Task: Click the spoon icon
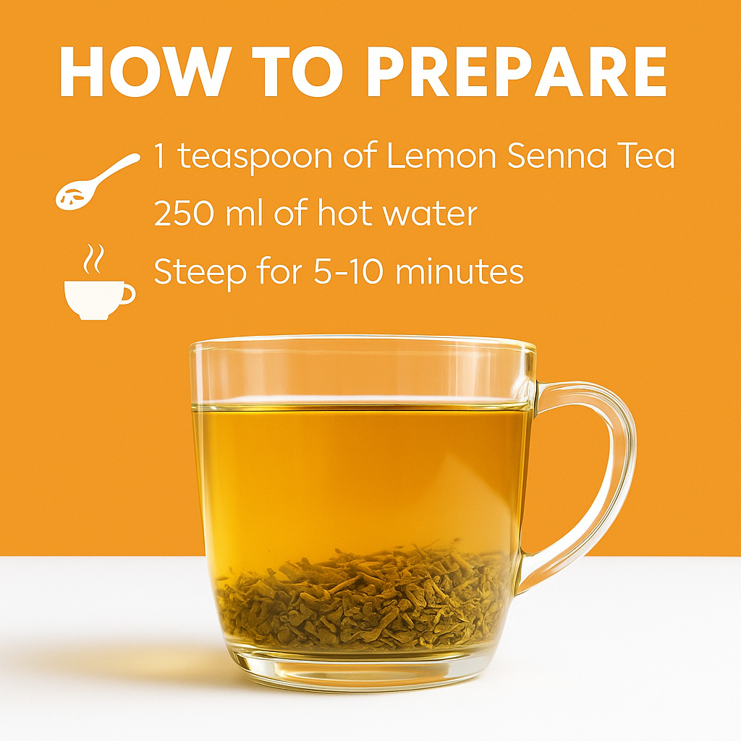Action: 97,180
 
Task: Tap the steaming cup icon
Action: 99,282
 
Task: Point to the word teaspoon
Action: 255,157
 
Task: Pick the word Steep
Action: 200,273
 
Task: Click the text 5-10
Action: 347,272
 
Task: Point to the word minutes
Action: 459,272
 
